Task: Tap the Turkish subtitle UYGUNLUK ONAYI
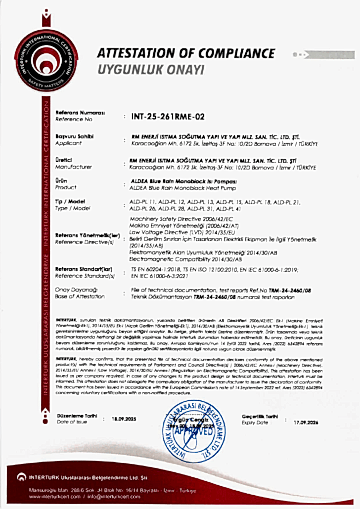150,69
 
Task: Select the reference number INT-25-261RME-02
168,117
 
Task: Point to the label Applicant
70,143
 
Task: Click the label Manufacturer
74,167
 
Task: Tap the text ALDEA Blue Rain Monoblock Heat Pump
182,188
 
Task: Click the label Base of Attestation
81,296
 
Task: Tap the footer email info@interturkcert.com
110,498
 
